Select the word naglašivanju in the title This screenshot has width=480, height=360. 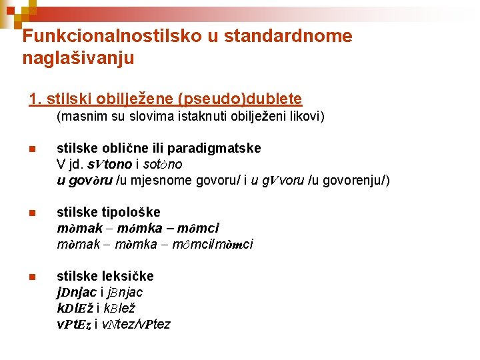pyautogui.click(x=78, y=59)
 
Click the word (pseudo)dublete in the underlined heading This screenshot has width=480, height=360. pyautogui.click(x=240, y=99)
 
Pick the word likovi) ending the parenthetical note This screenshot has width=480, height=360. pyautogui.click(x=303, y=117)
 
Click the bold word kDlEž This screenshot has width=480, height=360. pyautogui.click(x=74, y=308)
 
